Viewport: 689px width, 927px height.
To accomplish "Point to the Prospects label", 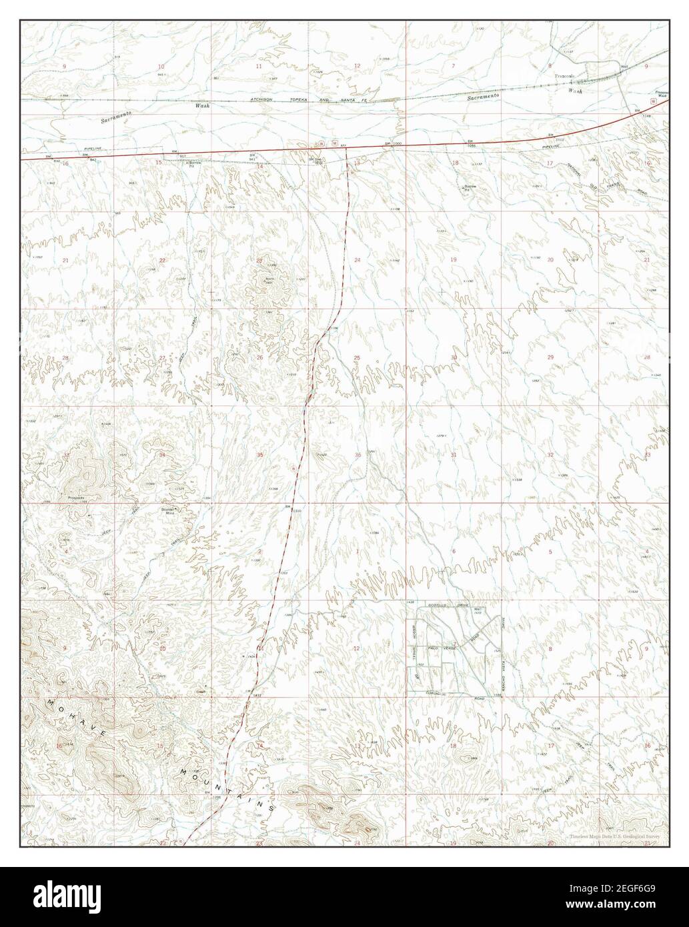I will click(x=77, y=497).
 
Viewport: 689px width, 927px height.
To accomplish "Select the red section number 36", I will click(x=358, y=455).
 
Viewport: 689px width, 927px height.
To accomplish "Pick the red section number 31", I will click(x=454, y=455).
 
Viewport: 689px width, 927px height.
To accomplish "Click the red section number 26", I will click(x=260, y=358).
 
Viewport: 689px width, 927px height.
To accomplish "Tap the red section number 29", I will click(x=550, y=358).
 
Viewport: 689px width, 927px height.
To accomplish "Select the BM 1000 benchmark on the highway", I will click(x=394, y=144).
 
